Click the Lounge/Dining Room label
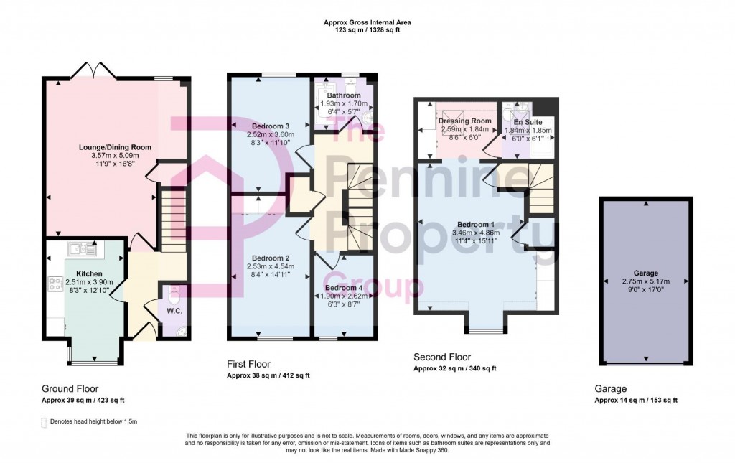110,147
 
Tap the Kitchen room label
90,273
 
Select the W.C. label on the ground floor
173,311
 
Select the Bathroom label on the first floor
344,95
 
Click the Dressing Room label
464,121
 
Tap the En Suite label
528,123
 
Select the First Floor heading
248,365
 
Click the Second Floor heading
442,357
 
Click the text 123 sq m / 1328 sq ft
367,31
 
